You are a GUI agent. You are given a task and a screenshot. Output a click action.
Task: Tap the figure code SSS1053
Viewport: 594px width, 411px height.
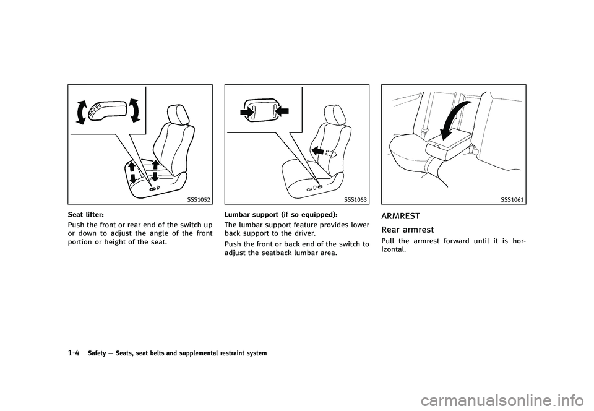355,200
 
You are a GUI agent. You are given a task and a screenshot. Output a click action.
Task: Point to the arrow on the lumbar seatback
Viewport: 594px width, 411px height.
318,150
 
